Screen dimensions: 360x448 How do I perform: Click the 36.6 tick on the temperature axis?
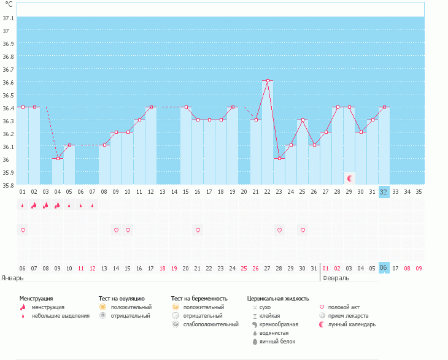pos(9,82)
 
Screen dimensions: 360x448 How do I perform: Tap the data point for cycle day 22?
pos(268,80)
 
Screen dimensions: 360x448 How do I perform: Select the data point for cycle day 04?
pos(58,158)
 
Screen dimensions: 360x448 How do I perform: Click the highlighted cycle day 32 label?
pos(384,191)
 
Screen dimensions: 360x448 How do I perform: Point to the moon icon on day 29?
pos(349,178)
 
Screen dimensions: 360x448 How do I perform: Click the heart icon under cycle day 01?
pos(23,230)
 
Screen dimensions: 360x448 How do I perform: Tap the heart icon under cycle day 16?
pos(198,230)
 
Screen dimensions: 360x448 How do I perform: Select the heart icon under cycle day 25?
pos(303,230)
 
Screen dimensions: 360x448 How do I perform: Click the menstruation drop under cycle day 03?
pos(45,205)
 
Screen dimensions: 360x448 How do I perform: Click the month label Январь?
pos(13,277)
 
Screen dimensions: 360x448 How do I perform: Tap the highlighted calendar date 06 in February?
pos(384,267)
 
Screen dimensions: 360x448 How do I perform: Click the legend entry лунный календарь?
pos(351,324)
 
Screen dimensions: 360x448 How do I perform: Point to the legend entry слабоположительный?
pos(210,324)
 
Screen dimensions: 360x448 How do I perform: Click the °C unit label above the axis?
pos(9,4)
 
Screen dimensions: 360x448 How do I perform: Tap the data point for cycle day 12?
pos(151,107)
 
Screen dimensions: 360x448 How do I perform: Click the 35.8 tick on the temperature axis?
pos(9,185)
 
